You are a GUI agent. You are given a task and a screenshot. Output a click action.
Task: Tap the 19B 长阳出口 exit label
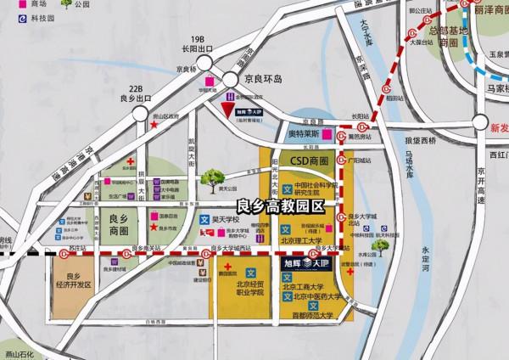pos(200,43)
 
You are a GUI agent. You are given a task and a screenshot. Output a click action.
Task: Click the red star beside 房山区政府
pos(154,125)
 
